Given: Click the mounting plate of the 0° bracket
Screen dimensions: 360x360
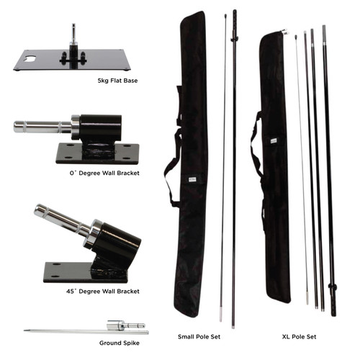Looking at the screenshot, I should click(x=90, y=153).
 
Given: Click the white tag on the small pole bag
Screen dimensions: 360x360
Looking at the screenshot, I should click(x=184, y=182).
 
